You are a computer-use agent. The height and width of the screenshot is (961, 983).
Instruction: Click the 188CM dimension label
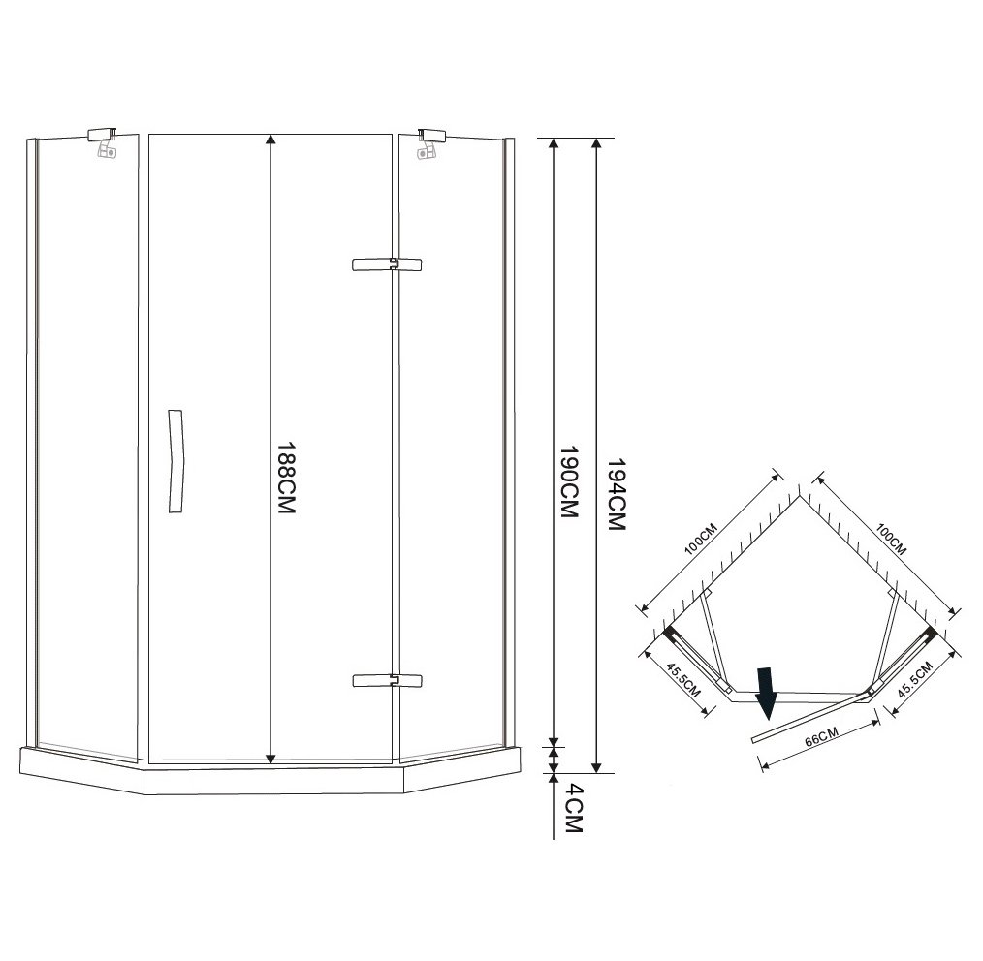pyautogui.click(x=286, y=479)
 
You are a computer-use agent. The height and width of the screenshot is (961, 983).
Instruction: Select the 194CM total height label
pyautogui.click(x=617, y=494)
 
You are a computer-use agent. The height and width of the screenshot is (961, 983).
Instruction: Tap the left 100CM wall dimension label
pyautogui.click(x=700, y=539)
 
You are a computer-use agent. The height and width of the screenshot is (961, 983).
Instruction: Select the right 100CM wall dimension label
pyautogui.click(x=891, y=540)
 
